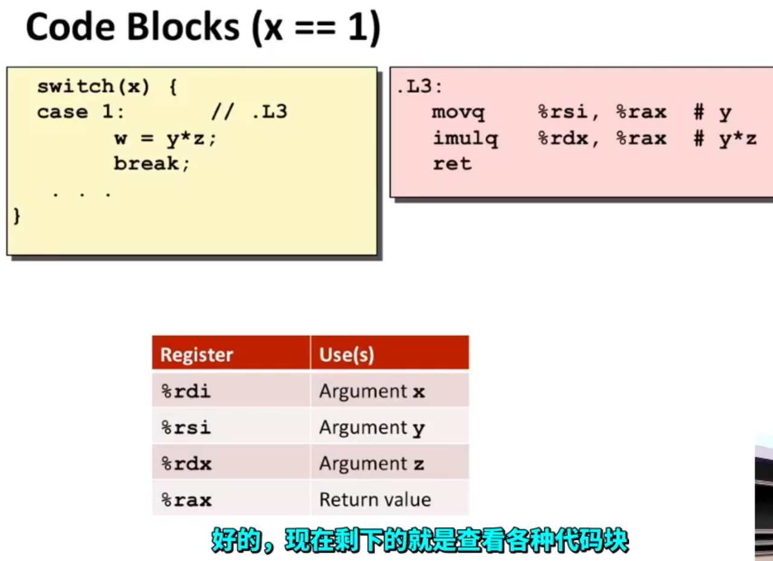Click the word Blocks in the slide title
click(x=183, y=27)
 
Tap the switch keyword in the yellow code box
click(x=75, y=86)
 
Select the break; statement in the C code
click(x=151, y=163)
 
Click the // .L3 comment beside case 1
click(x=249, y=112)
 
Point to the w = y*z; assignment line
click(x=165, y=139)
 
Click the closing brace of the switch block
click(x=17, y=217)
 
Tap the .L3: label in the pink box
click(x=419, y=86)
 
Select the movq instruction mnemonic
click(x=458, y=113)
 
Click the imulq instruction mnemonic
click(x=465, y=139)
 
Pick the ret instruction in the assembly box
click(x=453, y=163)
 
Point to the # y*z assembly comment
click(x=725, y=139)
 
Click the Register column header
click(x=197, y=355)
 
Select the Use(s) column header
click(x=346, y=355)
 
